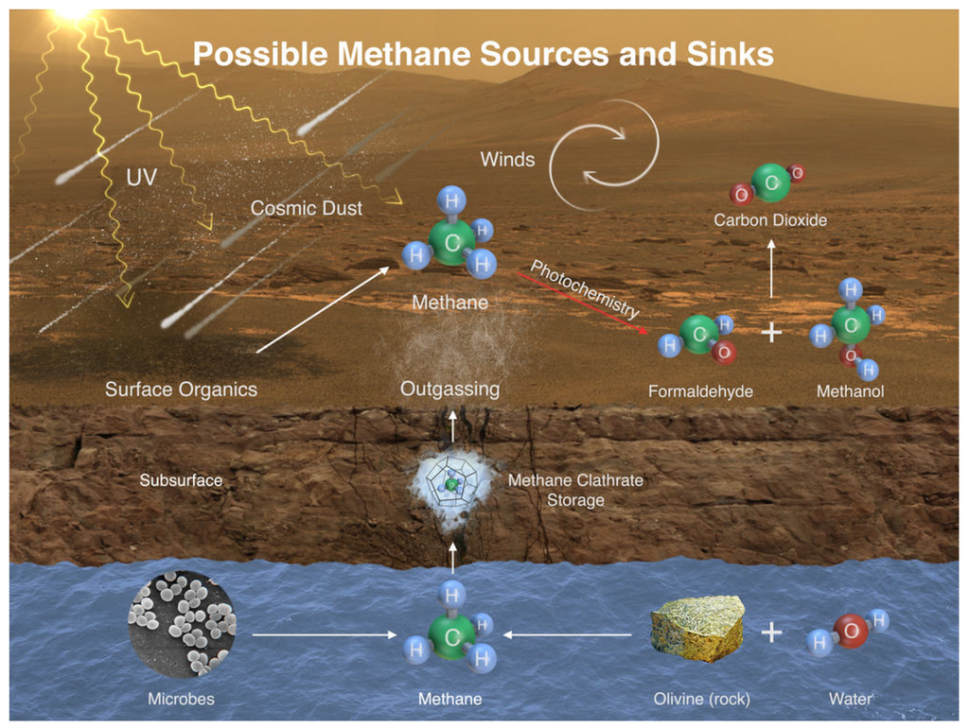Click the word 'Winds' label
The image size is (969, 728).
[x=507, y=159]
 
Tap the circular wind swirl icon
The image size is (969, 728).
[x=605, y=154]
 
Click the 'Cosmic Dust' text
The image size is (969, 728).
[x=307, y=208]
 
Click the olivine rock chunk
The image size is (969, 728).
[x=696, y=628]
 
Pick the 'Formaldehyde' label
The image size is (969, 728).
[x=700, y=390]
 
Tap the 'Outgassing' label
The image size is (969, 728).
[x=449, y=389]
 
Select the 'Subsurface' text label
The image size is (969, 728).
[x=181, y=480]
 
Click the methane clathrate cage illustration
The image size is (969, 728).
[x=452, y=484]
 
